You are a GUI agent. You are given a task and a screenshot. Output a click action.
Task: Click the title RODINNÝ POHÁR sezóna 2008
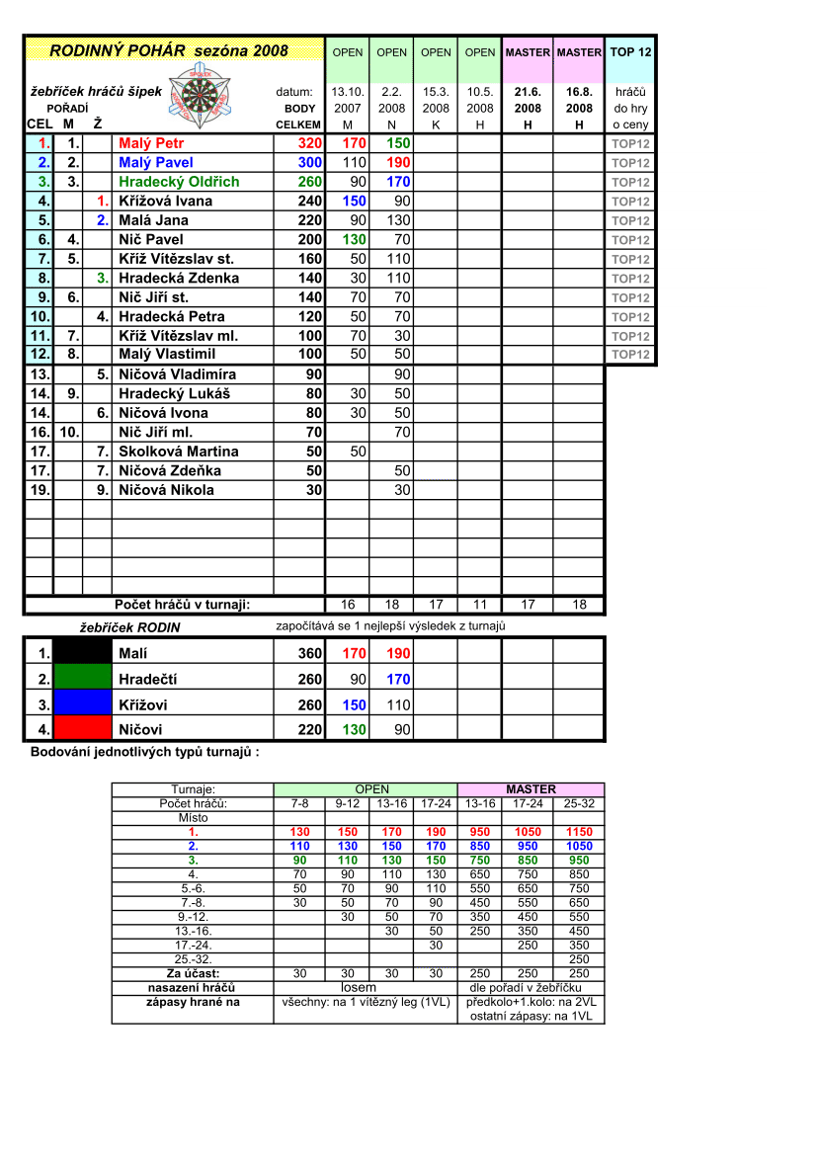(x=169, y=50)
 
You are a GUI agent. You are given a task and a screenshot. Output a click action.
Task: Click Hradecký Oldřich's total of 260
(x=310, y=182)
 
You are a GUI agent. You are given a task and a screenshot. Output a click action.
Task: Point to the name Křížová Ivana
(x=165, y=201)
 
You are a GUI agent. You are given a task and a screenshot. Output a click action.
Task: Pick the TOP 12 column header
(x=630, y=51)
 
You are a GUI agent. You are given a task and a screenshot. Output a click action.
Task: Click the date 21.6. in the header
(x=528, y=92)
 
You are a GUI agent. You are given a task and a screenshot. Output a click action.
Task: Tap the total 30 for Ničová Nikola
(x=313, y=490)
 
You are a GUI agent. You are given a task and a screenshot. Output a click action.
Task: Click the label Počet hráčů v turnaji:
(x=182, y=605)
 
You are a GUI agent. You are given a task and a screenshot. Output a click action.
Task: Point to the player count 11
(x=480, y=605)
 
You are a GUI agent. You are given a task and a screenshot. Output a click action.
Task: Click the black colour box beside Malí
(x=82, y=653)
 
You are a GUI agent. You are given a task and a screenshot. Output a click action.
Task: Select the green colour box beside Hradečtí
(x=82, y=679)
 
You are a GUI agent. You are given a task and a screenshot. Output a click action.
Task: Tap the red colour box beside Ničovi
(x=82, y=729)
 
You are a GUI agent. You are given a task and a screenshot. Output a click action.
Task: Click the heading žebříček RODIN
(x=129, y=626)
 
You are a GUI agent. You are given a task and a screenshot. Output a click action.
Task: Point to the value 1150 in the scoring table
(x=579, y=832)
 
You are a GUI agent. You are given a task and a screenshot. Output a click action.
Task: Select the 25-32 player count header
(x=579, y=803)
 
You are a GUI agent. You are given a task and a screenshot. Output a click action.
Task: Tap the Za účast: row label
(x=193, y=973)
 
